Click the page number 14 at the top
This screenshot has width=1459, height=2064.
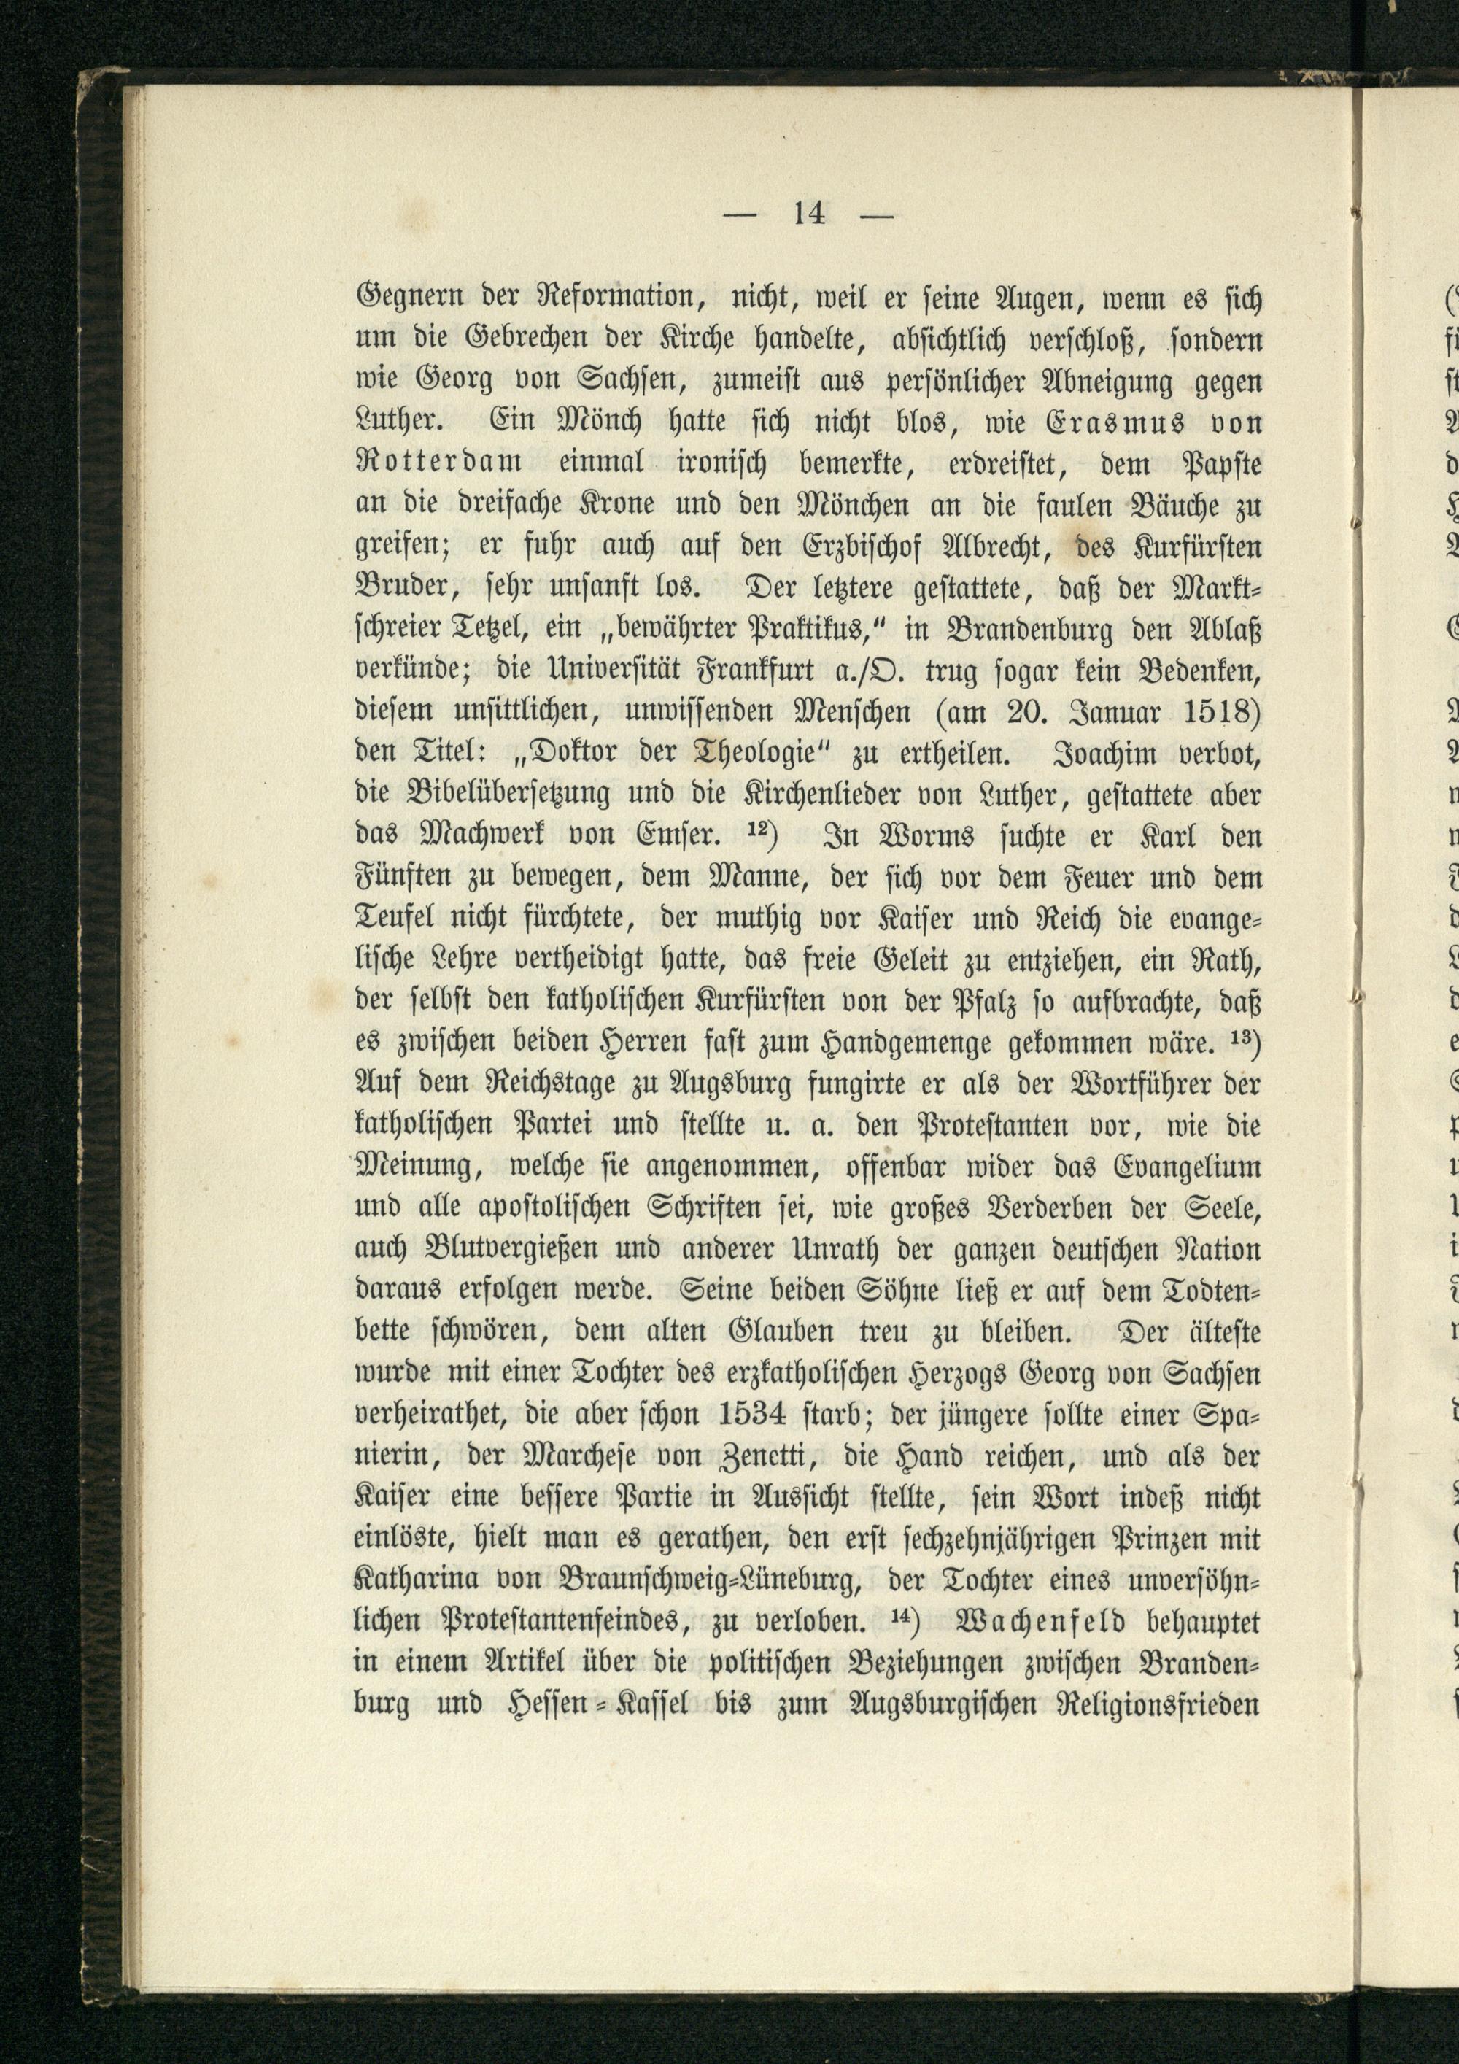pos(809,214)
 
